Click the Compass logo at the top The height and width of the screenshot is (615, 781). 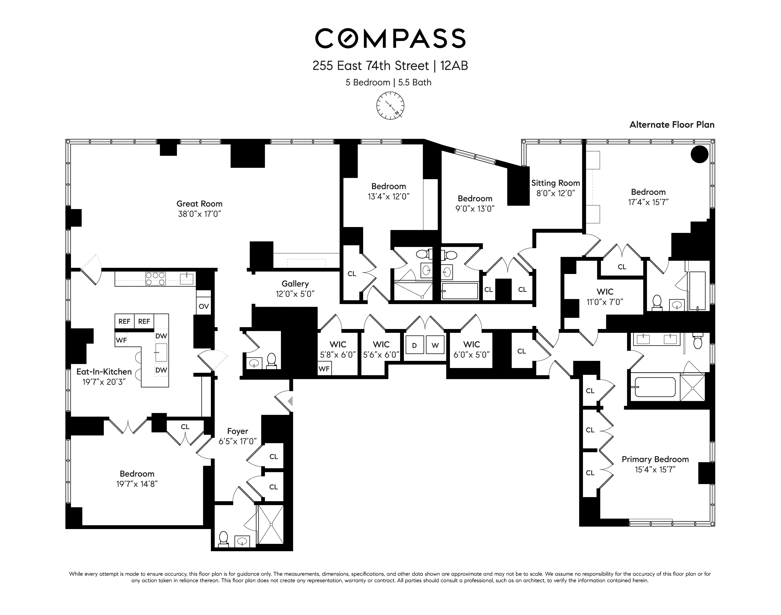[390, 39]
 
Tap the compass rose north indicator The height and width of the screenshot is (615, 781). [390, 106]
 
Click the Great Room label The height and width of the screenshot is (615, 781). [199, 204]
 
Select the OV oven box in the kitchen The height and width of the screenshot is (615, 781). [204, 306]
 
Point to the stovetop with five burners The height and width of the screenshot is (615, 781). [155, 278]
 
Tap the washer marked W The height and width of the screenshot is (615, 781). [435, 345]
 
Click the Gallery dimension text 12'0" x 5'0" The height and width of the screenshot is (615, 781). [295, 294]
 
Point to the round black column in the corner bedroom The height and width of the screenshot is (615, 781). [699, 154]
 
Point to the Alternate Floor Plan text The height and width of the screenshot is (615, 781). [672, 125]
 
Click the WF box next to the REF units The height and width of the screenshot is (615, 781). [121, 340]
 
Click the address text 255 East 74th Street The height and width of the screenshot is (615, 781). [370, 66]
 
